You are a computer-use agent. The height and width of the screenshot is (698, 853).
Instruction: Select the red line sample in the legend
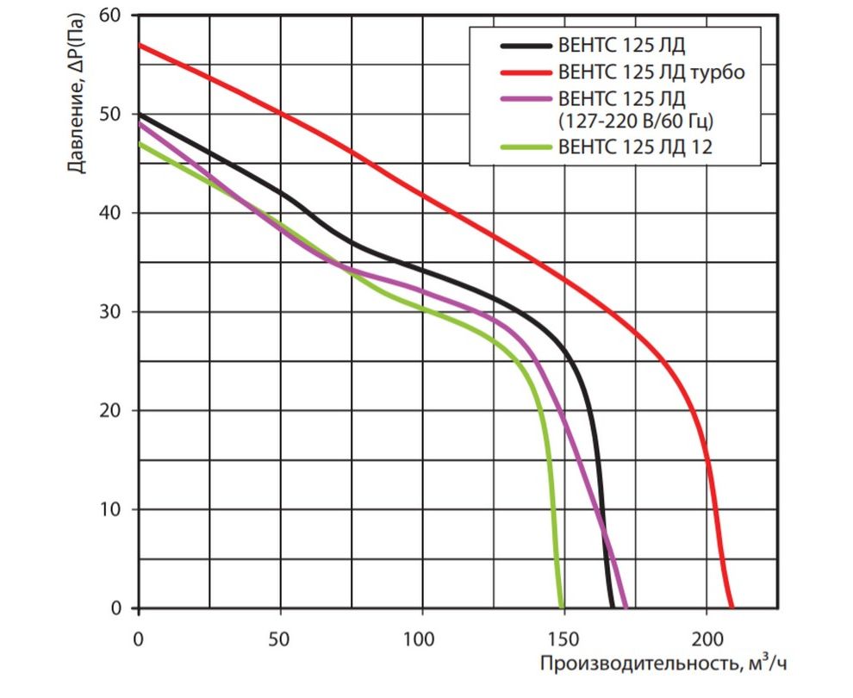coord(524,72)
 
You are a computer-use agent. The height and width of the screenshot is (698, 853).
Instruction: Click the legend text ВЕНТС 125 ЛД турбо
coord(651,72)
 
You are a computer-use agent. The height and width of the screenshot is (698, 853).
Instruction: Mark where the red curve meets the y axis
coord(138,45)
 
